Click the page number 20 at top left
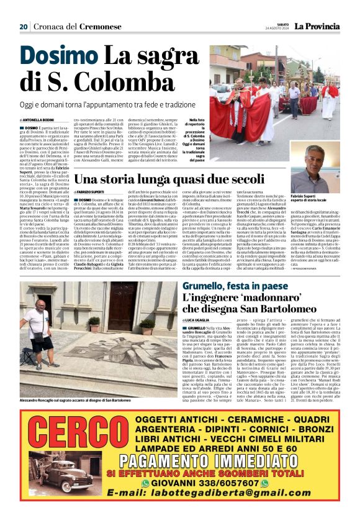24,26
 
